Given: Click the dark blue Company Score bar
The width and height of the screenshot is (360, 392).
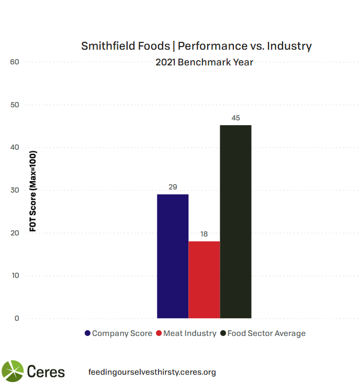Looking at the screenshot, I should [173, 256].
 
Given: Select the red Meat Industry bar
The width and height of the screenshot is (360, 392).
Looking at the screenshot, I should [204, 279].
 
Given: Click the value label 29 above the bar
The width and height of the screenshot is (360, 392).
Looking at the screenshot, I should [173, 187].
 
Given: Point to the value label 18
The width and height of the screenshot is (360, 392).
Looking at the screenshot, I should [204, 234].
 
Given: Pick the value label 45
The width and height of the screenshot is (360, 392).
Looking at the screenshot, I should [235, 118].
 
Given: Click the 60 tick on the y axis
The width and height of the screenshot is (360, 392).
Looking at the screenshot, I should [14, 62].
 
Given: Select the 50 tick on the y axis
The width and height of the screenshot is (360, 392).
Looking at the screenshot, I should [14, 105].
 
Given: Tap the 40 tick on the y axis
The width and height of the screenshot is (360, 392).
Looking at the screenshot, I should [14, 148].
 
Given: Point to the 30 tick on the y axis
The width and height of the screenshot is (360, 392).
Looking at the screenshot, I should [14, 191].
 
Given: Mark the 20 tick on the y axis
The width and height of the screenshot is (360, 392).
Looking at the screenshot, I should [14, 233].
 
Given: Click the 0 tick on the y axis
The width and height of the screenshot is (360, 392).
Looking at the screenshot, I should [16, 318].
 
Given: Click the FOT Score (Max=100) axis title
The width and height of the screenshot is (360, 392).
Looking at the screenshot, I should [32, 191].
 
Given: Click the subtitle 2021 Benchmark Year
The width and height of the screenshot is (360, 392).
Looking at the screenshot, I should [204, 62].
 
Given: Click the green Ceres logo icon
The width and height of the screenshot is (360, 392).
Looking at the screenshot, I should [13, 372].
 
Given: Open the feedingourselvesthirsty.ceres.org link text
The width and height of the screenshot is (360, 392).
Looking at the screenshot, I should [152, 372].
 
